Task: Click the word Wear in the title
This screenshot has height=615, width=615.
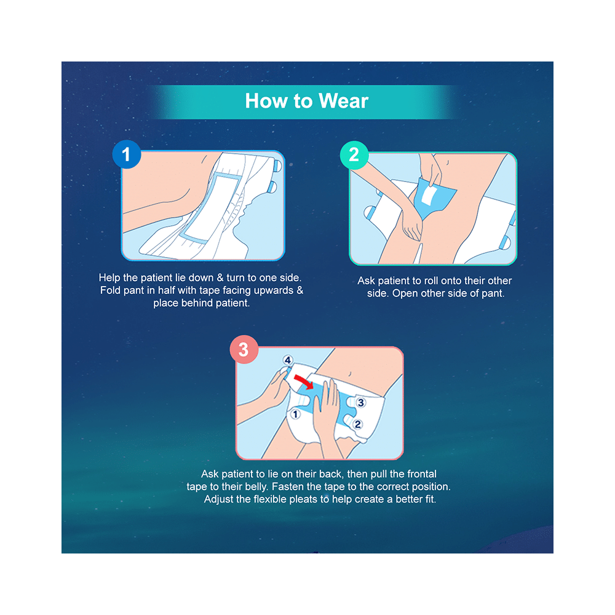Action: click(343, 101)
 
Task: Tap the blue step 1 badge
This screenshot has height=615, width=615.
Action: click(127, 155)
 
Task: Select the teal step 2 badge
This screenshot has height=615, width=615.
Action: click(354, 155)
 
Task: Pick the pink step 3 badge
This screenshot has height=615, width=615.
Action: click(244, 350)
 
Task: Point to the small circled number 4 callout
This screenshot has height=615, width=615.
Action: click(286, 360)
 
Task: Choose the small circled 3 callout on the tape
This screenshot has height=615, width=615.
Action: click(361, 403)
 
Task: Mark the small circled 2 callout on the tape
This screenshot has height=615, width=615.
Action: click(357, 424)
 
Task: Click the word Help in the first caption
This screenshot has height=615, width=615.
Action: click(110, 278)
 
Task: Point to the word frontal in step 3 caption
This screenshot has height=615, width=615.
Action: click(418, 474)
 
